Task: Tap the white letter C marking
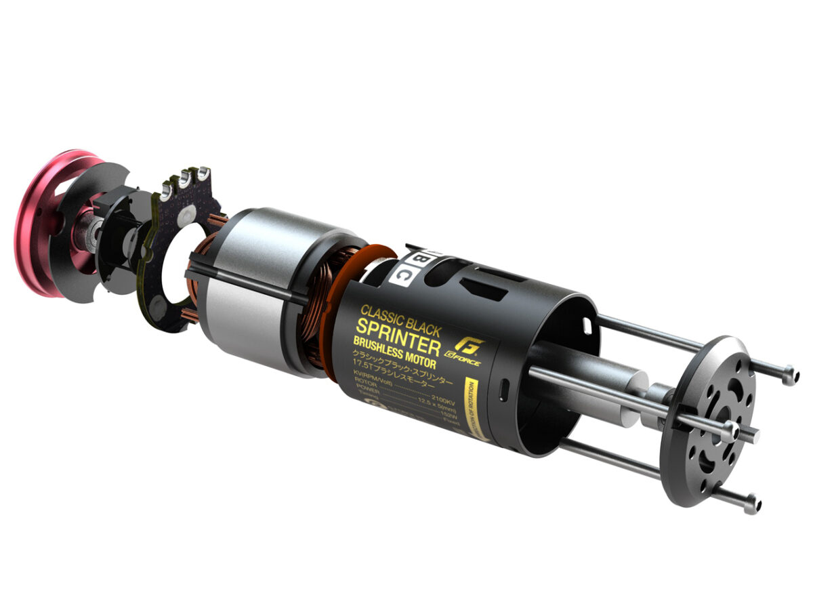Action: (402, 274)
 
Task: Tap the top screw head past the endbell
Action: (789, 374)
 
